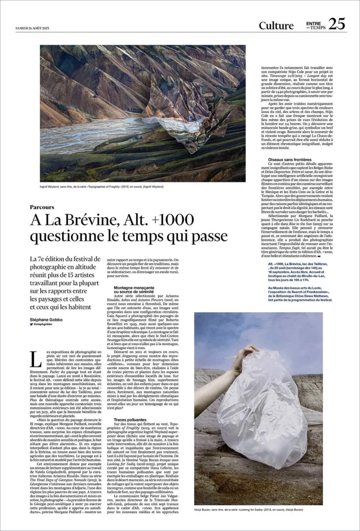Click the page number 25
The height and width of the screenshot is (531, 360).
337,24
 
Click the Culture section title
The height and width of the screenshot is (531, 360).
276,26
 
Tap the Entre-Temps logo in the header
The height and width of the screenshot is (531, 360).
315,25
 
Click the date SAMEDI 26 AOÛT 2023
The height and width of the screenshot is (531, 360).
32,28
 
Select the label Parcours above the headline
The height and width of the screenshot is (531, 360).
42,207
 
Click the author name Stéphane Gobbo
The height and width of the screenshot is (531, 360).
46,319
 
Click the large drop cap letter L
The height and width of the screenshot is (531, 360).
36,359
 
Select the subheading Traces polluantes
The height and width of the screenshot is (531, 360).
130,419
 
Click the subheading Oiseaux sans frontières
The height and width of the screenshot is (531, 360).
289,159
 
